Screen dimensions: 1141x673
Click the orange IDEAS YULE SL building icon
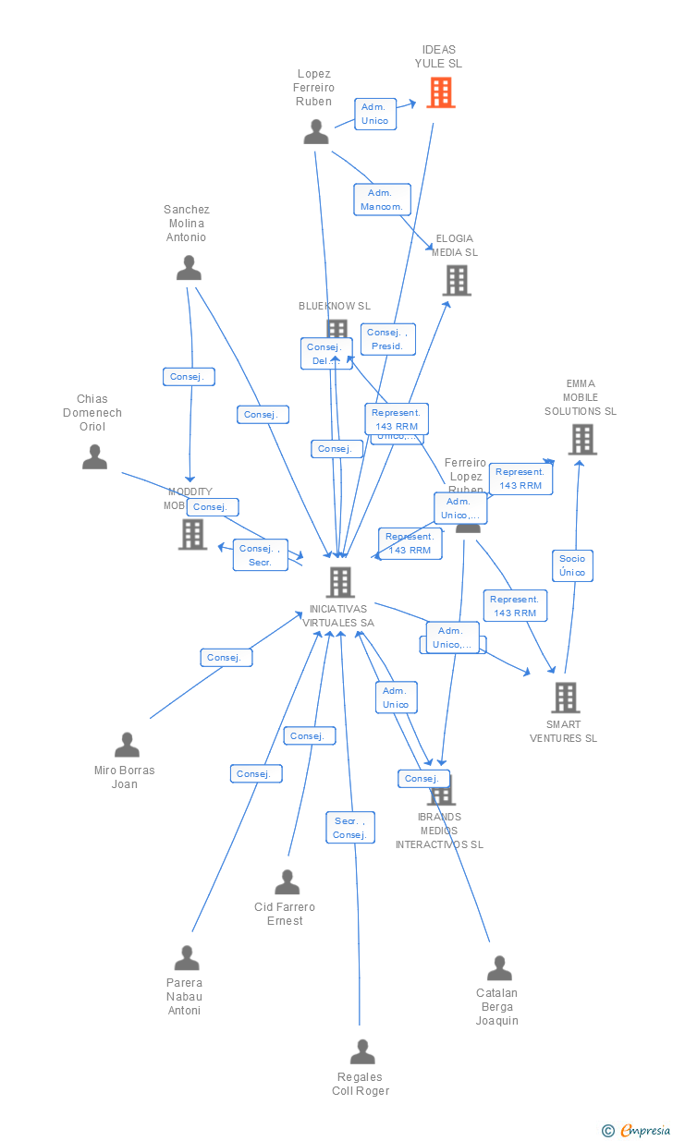441,92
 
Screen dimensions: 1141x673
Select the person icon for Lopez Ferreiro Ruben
316,132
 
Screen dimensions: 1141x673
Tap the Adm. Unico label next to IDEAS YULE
375,114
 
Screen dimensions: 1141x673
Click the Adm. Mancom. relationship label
382,200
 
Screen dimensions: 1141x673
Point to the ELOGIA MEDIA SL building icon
457,280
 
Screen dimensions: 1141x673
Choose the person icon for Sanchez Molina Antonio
189,268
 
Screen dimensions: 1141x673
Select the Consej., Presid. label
389,339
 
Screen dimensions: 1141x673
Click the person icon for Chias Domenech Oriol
94,456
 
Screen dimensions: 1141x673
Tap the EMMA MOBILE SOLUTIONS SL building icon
581,440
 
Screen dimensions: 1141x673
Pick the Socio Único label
572,565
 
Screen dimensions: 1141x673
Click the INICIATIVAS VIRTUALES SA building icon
340,581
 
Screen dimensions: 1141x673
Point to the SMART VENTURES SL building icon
565,698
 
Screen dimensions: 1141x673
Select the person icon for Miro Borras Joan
127,745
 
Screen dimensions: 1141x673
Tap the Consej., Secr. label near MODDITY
260,554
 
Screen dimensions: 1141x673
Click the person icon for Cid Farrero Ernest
288,882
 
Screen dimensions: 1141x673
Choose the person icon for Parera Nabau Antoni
187,958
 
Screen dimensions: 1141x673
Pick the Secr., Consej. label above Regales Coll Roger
350,828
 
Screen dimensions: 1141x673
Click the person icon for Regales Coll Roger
362,1051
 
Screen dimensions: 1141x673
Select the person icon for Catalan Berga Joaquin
499,968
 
